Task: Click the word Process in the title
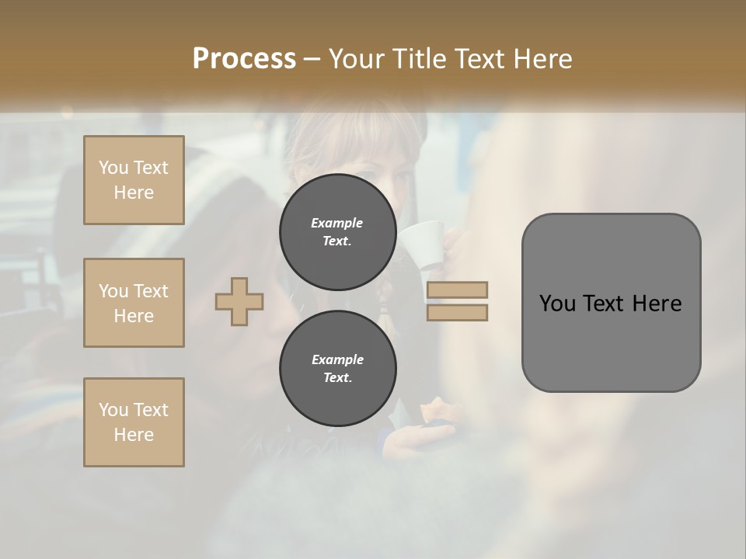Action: coord(244,59)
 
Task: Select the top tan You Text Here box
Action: coord(134,180)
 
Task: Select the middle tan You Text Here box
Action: coord(134,303)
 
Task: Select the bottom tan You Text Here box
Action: coord(134,422)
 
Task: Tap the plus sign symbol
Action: coord(239,302)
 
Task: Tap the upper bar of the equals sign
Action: coord(458,290)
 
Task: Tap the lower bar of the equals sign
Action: coord(458,313)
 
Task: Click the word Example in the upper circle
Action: coord(337,223)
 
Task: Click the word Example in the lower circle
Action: coord(337,359)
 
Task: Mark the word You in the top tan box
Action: coord(113,168)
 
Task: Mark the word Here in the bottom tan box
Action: coord(134,435)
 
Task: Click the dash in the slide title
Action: coord(312,60)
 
